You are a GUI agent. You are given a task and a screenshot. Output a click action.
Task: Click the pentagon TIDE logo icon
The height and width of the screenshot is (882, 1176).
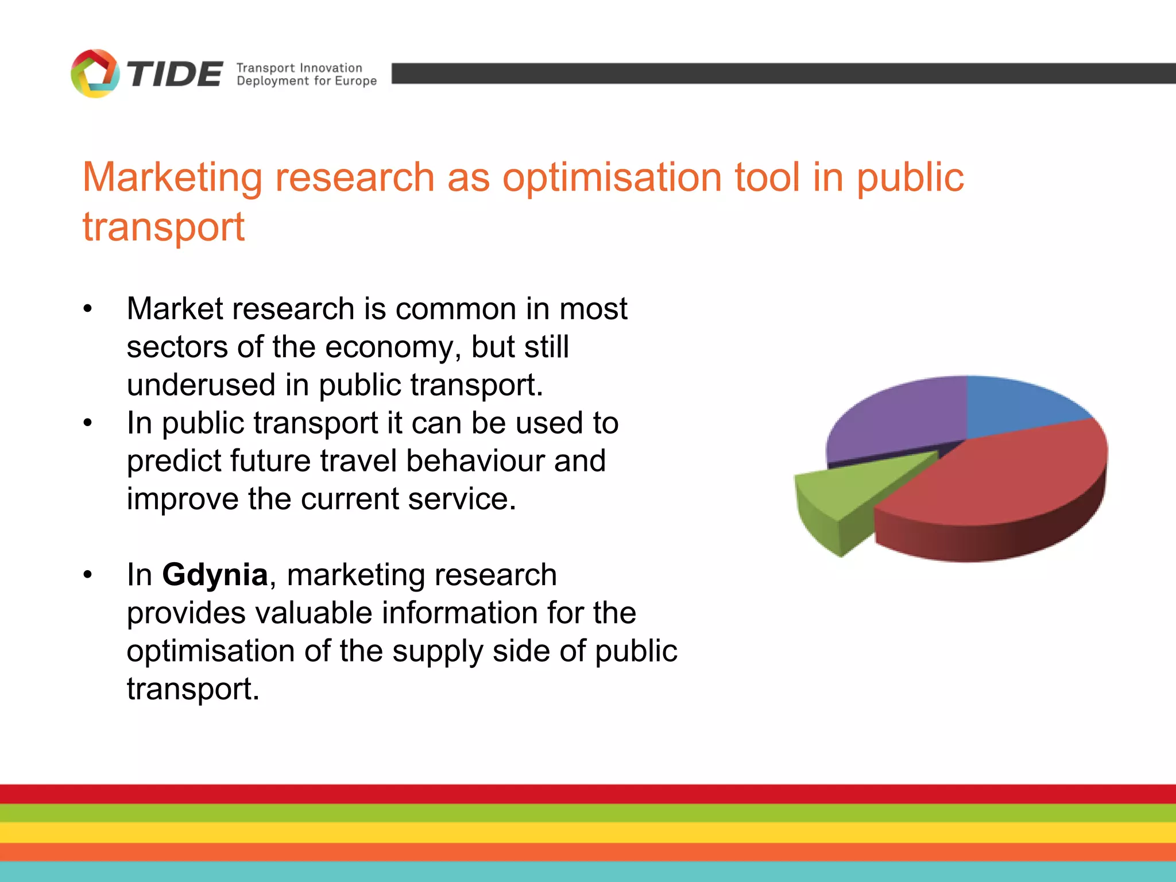tap(95, 73)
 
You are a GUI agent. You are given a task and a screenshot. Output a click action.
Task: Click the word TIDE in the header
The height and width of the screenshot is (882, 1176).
tap(175, 75)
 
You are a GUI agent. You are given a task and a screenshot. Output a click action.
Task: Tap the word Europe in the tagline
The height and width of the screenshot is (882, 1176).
tap(355, 81)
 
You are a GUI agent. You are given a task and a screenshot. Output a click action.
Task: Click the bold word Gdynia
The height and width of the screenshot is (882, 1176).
tap(215, 574)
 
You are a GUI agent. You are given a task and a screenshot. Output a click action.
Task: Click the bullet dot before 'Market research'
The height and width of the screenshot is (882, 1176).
tap(87, 309)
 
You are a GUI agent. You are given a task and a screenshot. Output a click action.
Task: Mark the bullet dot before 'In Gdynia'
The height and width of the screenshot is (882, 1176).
tap(87, 575)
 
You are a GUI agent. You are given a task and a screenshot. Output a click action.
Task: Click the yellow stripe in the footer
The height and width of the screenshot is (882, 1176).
tap(588, 832)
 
